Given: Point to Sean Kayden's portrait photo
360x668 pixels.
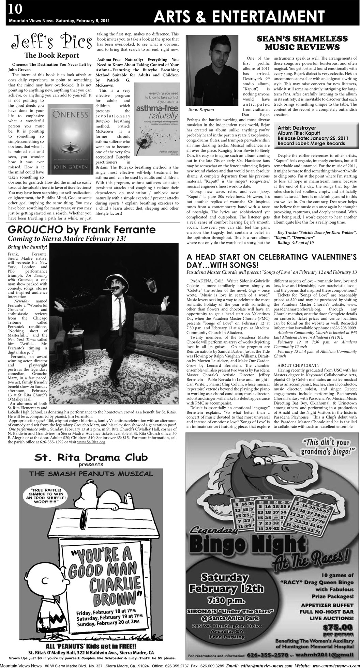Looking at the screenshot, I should click(x=209, y=70).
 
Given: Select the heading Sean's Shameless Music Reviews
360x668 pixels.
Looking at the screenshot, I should click(x=302, y=43).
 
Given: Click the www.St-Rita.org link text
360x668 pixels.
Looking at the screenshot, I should click(x=91, y=442).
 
